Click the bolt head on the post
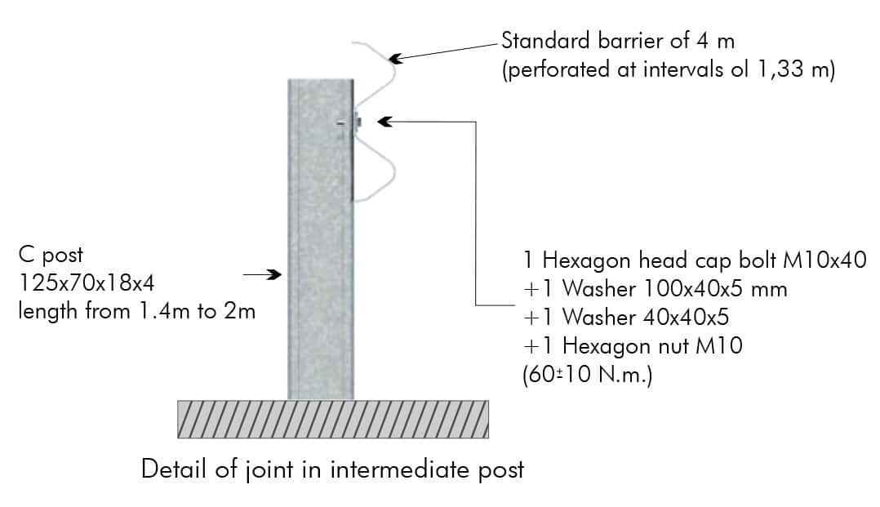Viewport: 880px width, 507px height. pyautogui.click(x=358, y=122)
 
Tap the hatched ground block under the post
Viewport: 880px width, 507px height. pyautogui.click(x=333, y=419)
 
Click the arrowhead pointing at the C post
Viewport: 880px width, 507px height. pyautogui.click(x=274, y=274)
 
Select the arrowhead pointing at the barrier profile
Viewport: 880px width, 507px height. pyautogui.click(x=396, y=58)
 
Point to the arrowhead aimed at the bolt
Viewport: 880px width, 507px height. pyautogui.click(x=384, y=122)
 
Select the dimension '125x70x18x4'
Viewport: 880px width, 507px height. pyautogui.click(x=86, y=282)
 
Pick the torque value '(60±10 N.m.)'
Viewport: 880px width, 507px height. pyautogui.click(x=588, y=375)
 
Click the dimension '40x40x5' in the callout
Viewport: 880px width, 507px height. pyautogui.click(x=686, y=318)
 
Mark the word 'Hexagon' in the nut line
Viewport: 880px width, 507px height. pyautogui.click(x=607, y=346)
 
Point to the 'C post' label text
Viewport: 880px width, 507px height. pyautogui.click(x=51, y=256)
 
